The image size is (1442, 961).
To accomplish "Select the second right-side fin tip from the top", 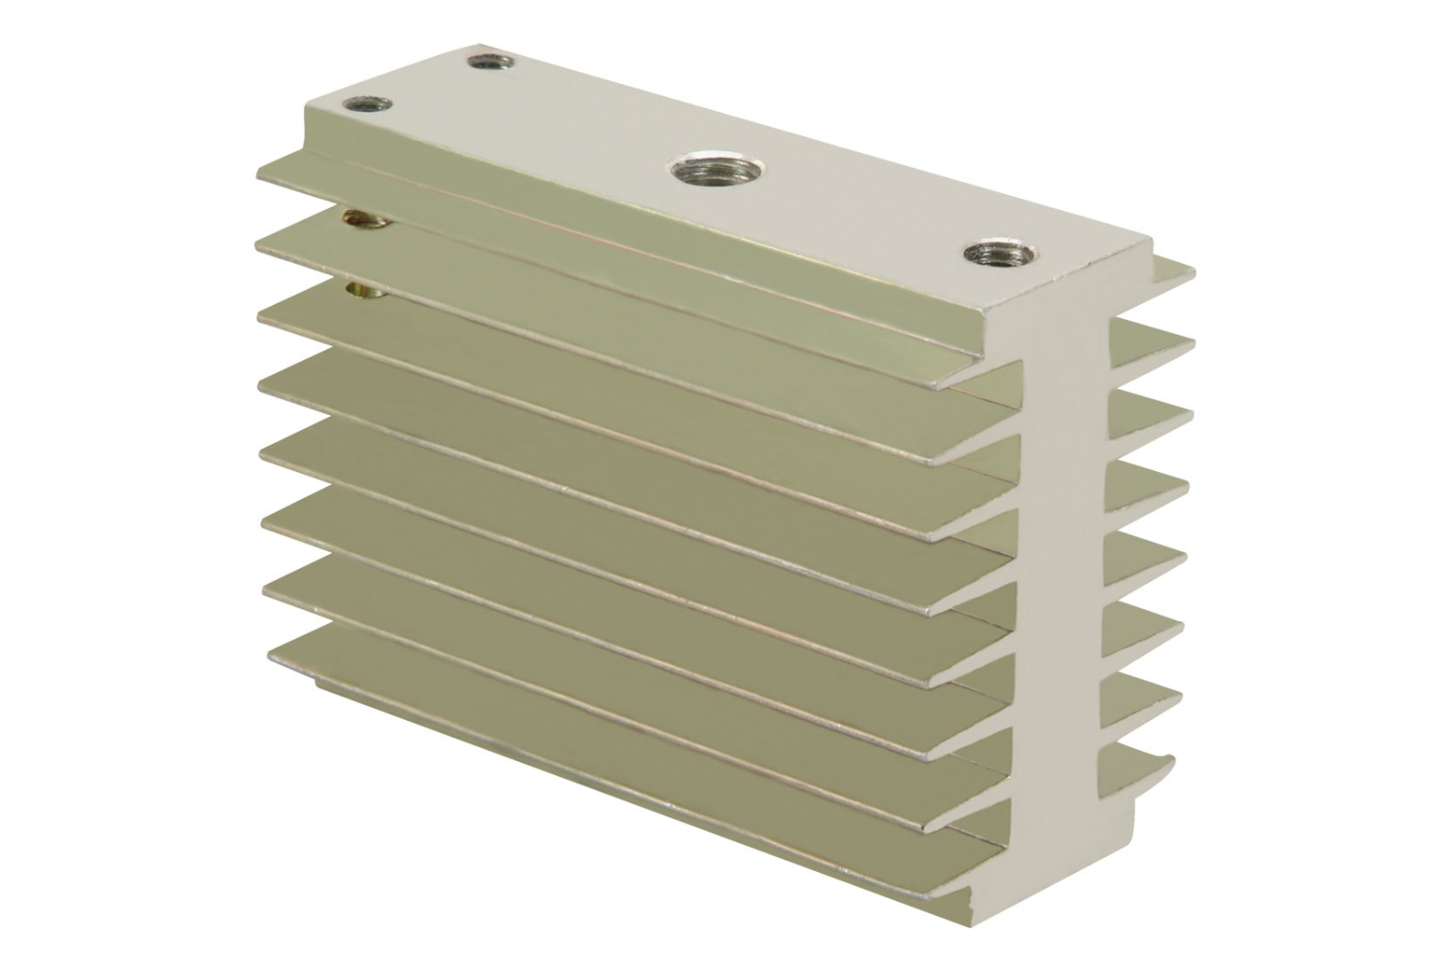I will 1188,341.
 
